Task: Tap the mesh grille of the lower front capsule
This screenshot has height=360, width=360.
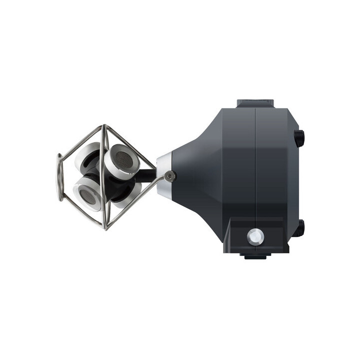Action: coord(87,196)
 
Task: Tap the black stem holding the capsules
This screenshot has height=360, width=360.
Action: coord(145,175)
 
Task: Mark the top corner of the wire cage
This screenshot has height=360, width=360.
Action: coord(105,126)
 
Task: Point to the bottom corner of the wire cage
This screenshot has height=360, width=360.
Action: coord(104,228)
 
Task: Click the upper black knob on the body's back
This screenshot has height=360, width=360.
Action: coord(299,137)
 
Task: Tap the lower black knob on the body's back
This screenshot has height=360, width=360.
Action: coord(299,228)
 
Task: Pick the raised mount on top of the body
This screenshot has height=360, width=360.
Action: coord(255,103)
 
